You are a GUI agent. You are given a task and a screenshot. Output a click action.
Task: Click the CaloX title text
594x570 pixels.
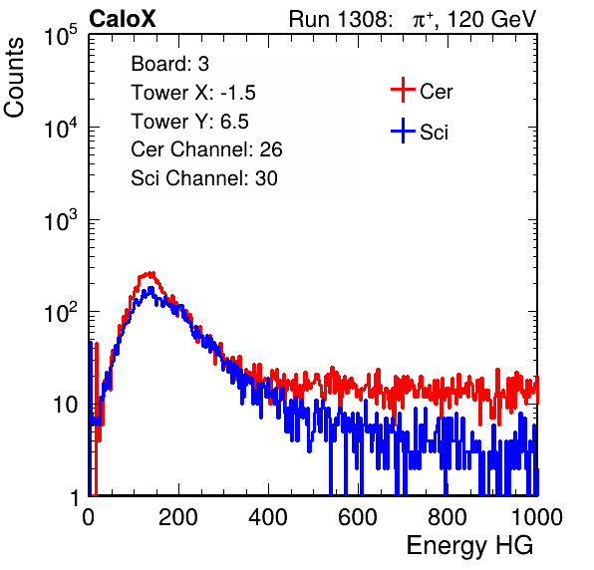[x=122, y=19]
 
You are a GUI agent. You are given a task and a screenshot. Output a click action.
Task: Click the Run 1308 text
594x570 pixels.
[x=340, y=19]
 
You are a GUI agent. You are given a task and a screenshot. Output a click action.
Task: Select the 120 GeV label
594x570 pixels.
[x=491, y=19]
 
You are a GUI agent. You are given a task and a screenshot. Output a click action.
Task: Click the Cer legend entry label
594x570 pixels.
[x=436, y=92]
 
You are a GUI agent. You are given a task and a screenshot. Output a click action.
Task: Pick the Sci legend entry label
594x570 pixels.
[x=434, y=133]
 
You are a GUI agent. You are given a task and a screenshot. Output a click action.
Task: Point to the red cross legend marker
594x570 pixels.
[x=403, y=90]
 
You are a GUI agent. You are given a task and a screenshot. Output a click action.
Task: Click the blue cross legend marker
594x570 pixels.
[x=403, y=131]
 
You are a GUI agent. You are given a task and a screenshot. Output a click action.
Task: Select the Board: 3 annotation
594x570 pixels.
[x=169, y=64]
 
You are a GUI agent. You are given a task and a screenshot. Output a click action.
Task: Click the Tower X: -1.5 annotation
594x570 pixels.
[x=193, y=93]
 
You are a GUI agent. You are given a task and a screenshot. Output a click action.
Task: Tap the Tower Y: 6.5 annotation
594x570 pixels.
[x=189, y=122]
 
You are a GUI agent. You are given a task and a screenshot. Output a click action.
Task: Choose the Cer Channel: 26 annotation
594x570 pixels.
[x=206, y=149]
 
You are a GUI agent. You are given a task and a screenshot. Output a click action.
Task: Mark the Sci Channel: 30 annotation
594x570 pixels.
[x=204, y=178]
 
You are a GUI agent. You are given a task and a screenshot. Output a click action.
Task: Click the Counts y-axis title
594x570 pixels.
[x=14, y=78]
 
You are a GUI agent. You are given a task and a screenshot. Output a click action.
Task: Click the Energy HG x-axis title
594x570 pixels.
[x=469, y=546]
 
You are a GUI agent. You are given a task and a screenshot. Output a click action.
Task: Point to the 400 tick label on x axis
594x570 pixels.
[x=268, y=517]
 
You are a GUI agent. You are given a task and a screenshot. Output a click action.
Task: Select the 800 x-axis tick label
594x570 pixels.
[x=447, y=517]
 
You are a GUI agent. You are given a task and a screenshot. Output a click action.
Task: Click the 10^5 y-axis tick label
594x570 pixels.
[x=61, y=36]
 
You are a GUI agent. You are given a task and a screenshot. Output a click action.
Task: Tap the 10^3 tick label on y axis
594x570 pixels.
[x=61, y=220]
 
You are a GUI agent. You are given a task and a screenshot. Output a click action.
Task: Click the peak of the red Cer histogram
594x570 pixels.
[x=150, y=273]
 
